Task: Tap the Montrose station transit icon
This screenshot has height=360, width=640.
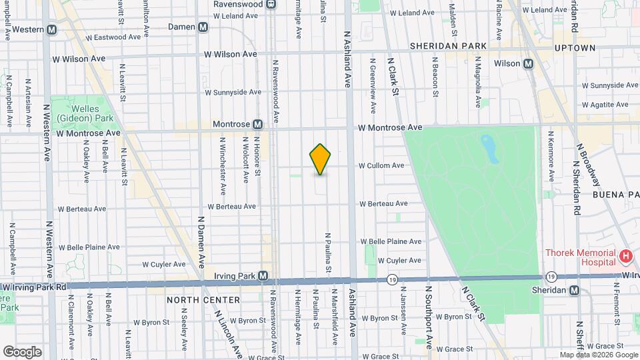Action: click(x=257, y=124)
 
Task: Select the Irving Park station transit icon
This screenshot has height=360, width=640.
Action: click(x=263, y=275)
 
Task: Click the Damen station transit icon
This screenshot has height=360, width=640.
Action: click(x=203, y=27)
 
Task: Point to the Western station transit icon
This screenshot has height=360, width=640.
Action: click(x=51, y=29)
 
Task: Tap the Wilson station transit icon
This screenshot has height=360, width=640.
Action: click(x=528, y=64)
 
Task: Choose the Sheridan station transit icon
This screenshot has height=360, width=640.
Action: click(x=574, y=290)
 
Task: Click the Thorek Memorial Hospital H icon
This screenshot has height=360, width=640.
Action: click(x=625, y=256)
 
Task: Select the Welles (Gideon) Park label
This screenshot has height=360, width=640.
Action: click(x=85, y=114)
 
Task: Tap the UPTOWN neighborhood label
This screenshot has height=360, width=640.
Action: click(x=575, y=48)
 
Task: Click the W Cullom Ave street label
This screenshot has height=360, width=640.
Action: click(x=381, y=165)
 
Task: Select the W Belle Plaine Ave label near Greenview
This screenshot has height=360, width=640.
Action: click(x=391, y=241)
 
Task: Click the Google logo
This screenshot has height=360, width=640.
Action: click(x=22, y=351)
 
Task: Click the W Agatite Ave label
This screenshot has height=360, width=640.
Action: click(x=605, y=105)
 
